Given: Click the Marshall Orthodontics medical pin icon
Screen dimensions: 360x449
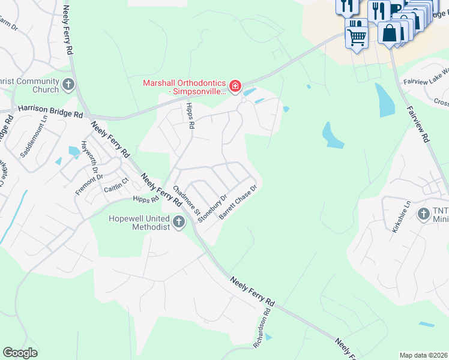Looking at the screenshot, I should coord(235,87).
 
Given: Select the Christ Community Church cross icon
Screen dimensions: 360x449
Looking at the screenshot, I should coord(68,85).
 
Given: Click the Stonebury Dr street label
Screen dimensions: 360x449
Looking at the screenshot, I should coord(214,208).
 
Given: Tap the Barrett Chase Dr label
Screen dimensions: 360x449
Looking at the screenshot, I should coord(238,202).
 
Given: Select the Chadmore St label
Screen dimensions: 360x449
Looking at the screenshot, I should coord(186,199).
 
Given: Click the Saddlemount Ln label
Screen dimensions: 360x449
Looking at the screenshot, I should coord(34,140).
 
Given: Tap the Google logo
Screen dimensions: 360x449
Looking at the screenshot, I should coord(20,353).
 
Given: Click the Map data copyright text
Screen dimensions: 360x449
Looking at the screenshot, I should coord(423,355).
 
